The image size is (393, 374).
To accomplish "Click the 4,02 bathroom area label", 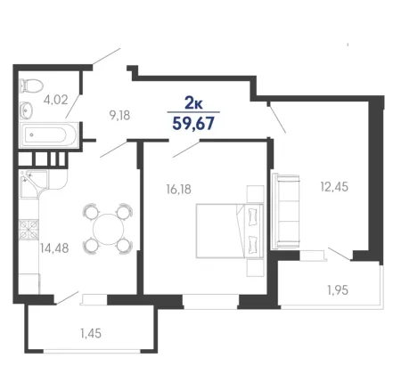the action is click(56, 100).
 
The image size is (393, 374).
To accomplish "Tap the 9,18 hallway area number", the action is click(119, 116).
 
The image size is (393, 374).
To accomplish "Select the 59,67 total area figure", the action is click(193, 124).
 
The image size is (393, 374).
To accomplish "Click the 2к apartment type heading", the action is click(193, 103).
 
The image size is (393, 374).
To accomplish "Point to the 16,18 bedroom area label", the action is click(179, 189).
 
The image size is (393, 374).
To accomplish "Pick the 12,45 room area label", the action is click(334, 187).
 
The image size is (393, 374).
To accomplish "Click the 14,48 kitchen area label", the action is click(54, 248).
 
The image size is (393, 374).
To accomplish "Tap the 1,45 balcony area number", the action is click(91, 333).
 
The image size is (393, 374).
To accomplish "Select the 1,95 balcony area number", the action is click(338, 290).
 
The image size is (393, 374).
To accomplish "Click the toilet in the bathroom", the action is click(31, 86).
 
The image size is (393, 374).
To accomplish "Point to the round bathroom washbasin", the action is click(27, 110).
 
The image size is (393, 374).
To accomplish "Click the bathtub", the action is click(49, 135).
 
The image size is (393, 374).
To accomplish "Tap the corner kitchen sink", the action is click(33, 184).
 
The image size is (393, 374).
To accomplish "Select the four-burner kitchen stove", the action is click(29, 230).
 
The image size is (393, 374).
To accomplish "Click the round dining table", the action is click(108, 229).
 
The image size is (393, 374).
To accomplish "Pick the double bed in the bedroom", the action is click(230, 231).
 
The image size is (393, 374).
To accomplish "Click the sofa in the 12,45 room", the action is click(285, 211).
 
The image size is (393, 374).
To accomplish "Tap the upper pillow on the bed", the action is click(253, 215).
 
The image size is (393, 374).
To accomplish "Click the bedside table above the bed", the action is click(255, 194).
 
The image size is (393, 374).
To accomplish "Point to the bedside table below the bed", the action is click(255, 268).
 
